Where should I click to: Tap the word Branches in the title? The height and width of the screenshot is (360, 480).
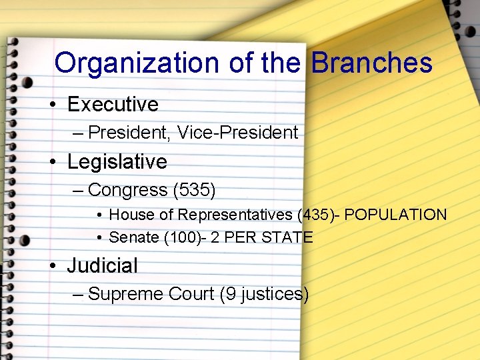click(371, 63)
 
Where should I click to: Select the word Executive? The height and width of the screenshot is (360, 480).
click(113, 105)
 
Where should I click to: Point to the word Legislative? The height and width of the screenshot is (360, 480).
click(117, 162)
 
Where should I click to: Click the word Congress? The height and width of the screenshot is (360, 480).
click(127, 191)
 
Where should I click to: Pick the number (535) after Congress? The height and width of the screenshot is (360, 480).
click(194, 191)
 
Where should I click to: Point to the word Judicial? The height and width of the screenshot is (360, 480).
click(102, 266)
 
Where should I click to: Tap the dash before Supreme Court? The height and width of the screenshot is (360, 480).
click(77, 295)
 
